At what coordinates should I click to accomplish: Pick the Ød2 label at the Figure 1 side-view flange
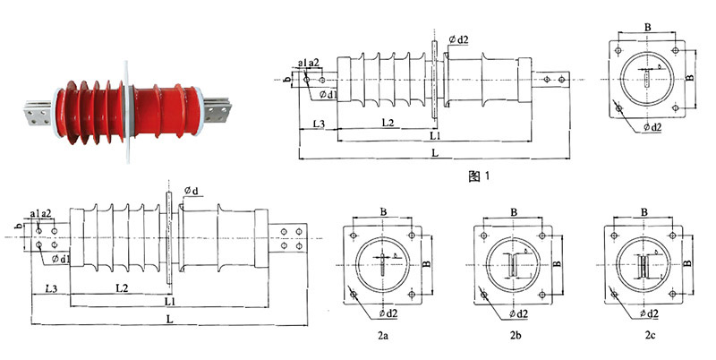456,39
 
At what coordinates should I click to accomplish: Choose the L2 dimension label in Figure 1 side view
387,122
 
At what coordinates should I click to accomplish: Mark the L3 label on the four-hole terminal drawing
51,289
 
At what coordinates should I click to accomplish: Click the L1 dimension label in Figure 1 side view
436,136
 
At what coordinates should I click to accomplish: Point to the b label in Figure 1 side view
286,80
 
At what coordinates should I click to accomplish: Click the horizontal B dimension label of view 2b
515,212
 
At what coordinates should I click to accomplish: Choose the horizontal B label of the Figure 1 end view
647,27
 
